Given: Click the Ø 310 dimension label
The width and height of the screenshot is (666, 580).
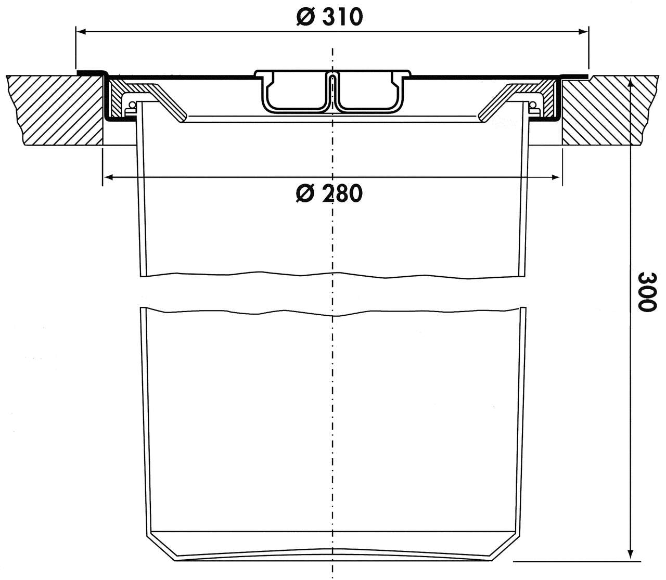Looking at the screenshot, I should (329, 17).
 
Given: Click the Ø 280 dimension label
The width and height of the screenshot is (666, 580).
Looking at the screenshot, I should (329, 194).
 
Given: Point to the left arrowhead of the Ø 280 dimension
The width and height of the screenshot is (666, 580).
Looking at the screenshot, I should (108, 178).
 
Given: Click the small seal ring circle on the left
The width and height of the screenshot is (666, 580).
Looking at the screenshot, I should (131, 106).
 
